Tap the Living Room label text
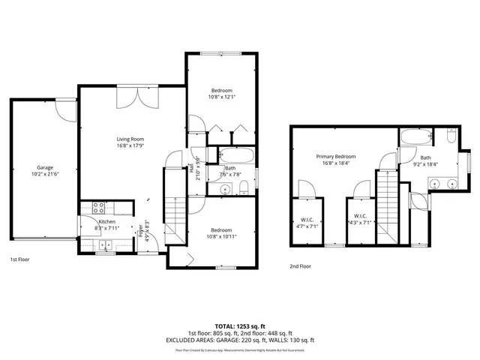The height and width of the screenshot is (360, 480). coord(130,139)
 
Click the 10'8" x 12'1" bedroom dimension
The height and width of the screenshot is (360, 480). coord(222,96)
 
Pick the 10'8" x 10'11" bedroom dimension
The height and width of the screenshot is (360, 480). coord(221,236)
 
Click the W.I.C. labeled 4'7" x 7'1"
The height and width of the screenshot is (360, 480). coord(306,222)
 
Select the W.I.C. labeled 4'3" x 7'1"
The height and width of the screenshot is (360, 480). coord(359,222)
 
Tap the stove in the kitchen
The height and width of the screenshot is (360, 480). coord(97,208)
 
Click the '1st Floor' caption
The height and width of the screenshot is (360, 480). coord(19,259)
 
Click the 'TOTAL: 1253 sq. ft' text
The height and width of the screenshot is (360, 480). coord(240,326)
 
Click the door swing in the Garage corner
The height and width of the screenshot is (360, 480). coord(67,111)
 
